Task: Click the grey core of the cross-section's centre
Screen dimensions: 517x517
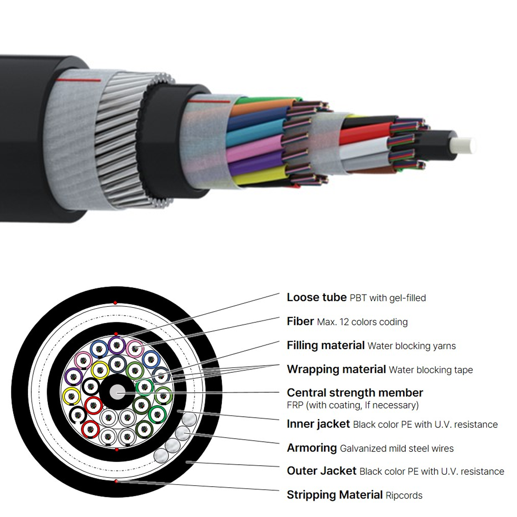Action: (x=117, y=392)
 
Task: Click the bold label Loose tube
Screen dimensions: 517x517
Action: (x=317, y=297)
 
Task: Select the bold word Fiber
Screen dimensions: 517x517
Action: (x=300, y=321)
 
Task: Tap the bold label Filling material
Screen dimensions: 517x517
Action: (x=325, y=345)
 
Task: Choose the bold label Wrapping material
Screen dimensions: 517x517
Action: (x=336, y=369)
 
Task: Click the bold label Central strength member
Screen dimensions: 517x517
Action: (x=355, y=393)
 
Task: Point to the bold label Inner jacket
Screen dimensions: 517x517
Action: (x=318, y=424)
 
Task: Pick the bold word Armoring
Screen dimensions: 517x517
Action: (x=312, y=448)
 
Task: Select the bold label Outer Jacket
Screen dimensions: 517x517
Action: (x=321, y=470)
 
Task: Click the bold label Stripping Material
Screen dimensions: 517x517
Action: (x=335, y=495)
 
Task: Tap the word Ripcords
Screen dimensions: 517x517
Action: (x=404, y=495)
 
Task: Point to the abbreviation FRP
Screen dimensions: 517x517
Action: (x=295, y=405)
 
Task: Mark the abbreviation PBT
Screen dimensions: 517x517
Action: (x=358, y=298)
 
